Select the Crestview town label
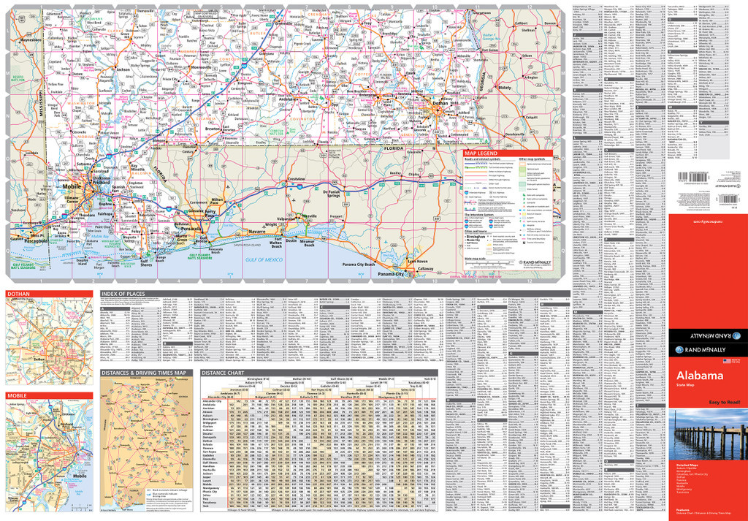point(295,179)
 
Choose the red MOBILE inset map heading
point(18,395)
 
